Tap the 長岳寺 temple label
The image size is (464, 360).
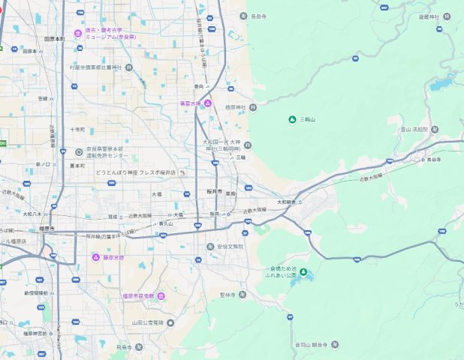pyautogui.click(x=259, y=16)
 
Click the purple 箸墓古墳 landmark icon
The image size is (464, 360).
pyautogui.click(x=208, y=103)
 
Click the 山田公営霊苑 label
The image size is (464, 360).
pyautogui.click(x=147, y=322)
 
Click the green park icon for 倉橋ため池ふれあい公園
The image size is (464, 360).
pyautogui.click(x=303, y=271)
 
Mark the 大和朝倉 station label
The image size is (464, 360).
pyautogui.click(x=288, y=201)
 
